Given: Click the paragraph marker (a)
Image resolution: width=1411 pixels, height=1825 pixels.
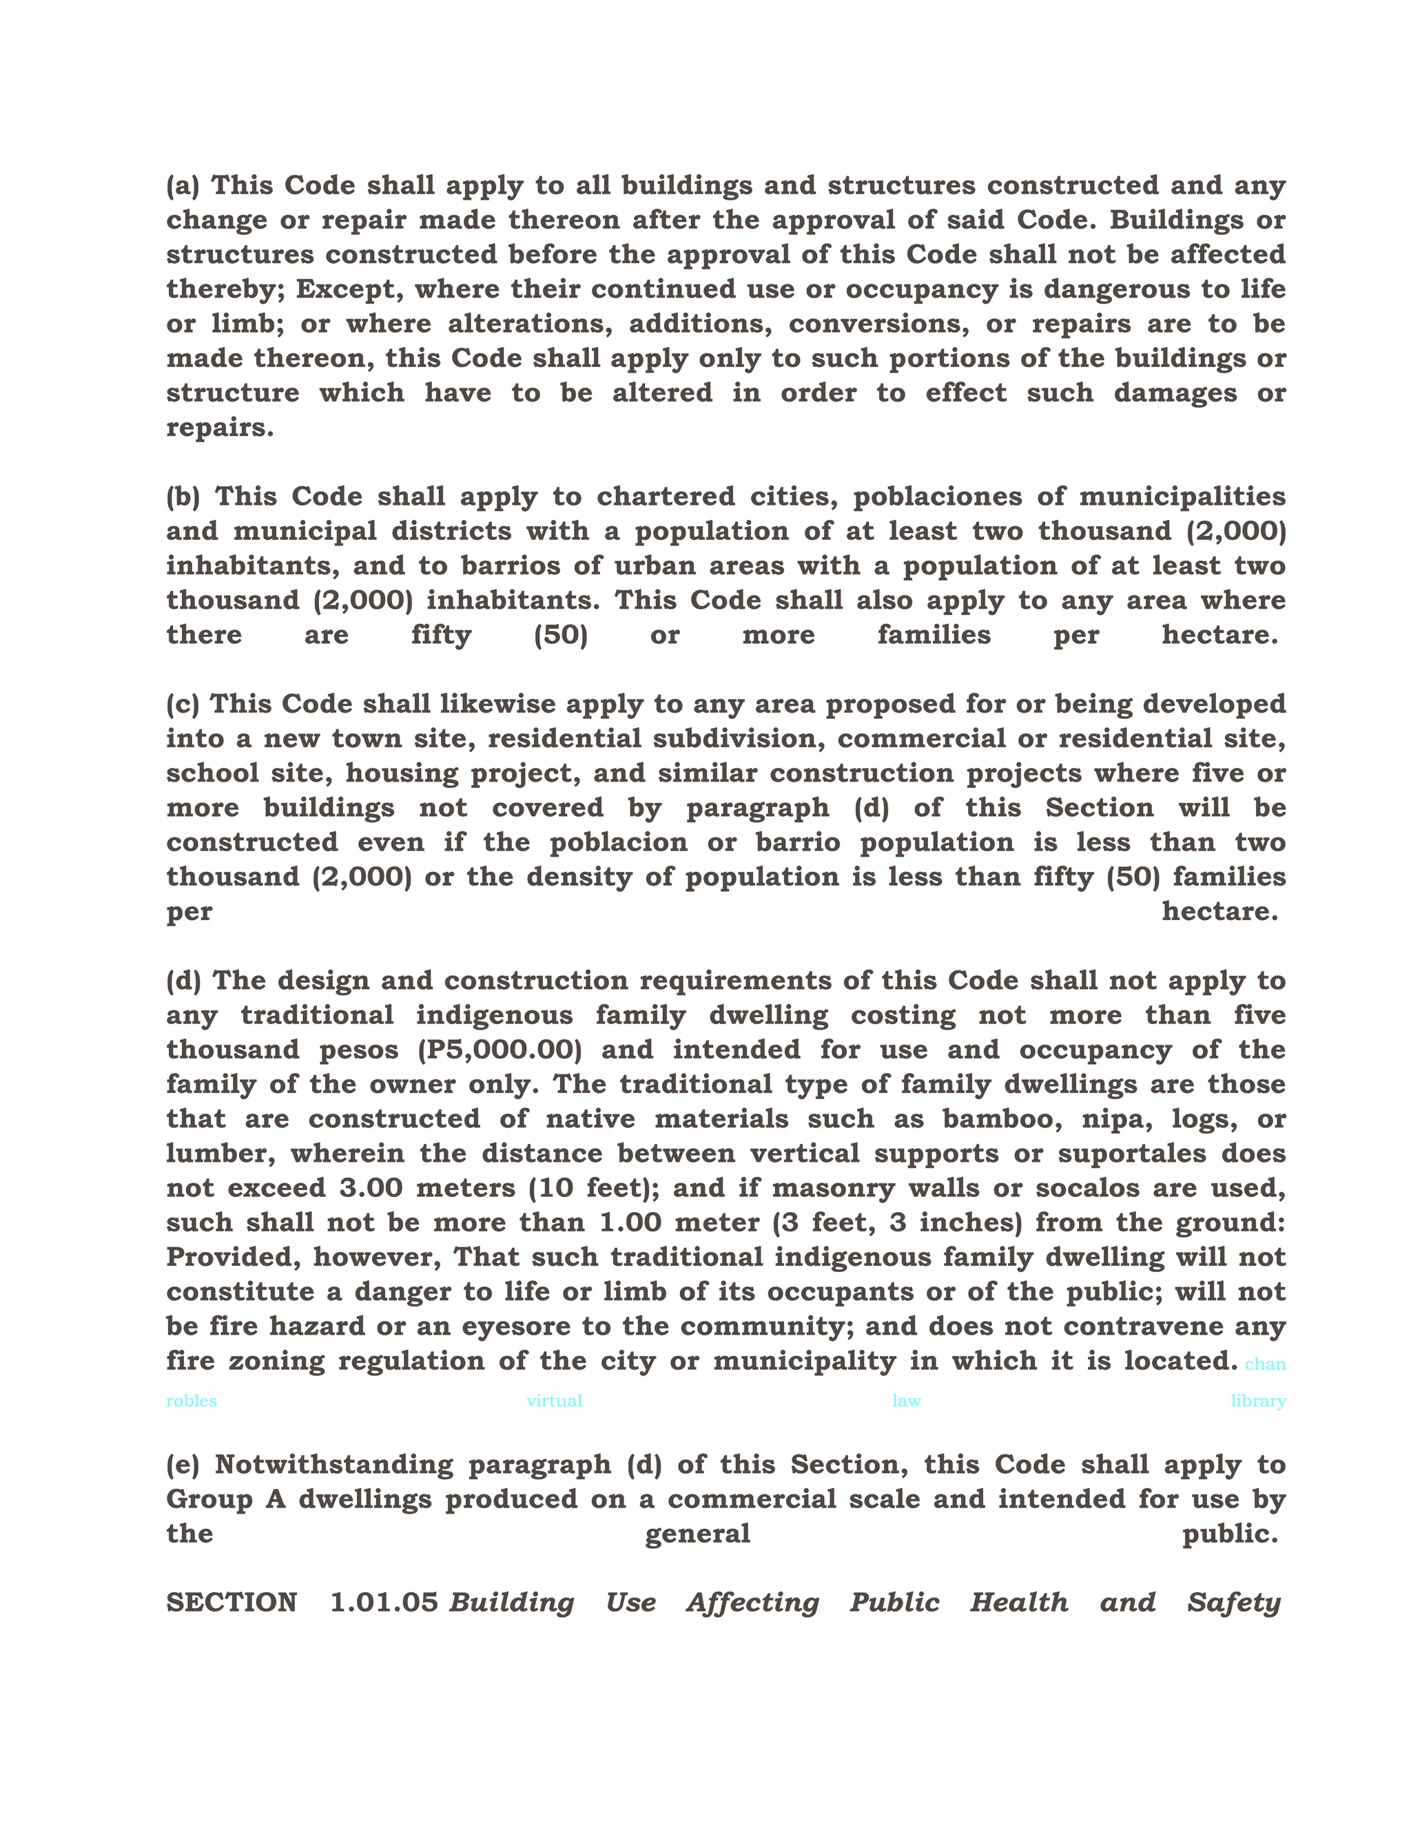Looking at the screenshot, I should pos(182,185).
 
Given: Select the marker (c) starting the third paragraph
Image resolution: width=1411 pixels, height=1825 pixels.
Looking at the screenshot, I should pos(182,705).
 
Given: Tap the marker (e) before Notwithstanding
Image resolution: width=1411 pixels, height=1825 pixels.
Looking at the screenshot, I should pos(182,1465).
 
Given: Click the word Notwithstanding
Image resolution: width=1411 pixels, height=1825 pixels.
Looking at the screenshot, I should pos(333,1465).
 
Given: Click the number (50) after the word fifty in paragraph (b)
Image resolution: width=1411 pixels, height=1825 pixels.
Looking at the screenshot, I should pos(560,635).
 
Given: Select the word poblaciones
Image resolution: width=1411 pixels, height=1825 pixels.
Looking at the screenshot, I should pos(937,497).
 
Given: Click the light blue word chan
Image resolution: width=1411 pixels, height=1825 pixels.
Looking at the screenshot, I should pos(1265,1364).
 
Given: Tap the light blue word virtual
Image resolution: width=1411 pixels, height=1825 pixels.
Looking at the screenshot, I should pos(554,1401).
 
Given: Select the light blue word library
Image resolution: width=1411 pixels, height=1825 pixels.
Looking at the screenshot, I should pos(1257,1401).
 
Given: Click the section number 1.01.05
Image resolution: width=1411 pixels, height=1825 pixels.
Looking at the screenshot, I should pos(384,1603).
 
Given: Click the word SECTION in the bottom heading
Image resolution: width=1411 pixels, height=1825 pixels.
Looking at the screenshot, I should pos(231,1603).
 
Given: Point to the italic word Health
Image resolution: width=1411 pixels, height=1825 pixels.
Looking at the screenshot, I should pos(1018,1603).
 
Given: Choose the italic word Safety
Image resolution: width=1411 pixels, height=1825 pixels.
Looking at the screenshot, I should pos(1233,1603).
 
